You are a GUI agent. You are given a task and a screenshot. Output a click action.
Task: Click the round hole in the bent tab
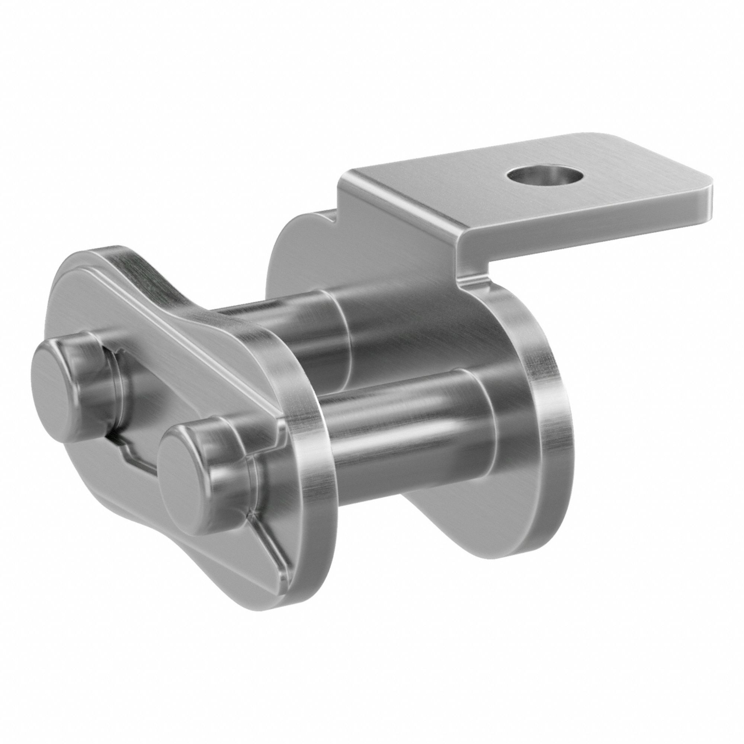point(544,177)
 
